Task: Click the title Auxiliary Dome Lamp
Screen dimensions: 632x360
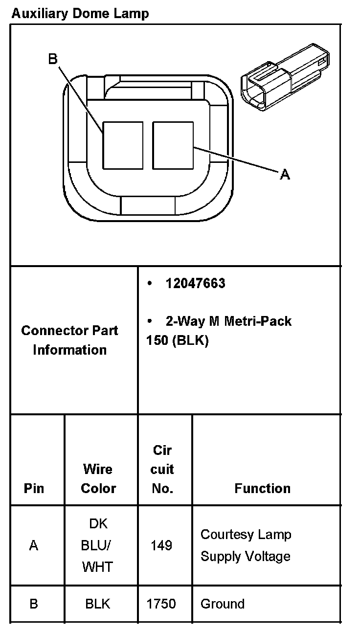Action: tap(80, 13)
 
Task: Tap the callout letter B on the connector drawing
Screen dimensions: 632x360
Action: tap(53, 59)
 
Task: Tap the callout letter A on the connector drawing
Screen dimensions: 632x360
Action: tap(285, 174)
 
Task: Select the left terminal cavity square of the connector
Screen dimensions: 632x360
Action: tap(122, 145)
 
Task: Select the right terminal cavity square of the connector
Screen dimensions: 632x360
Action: tap(173, 145)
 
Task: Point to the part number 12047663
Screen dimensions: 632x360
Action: tap(195, 284)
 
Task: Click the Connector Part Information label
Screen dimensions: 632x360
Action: tap(69, 340)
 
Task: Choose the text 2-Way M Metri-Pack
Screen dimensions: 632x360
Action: tap(228, 321)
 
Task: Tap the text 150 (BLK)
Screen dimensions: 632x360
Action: tap(177, 340)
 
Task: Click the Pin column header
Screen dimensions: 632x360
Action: tap(34, 488)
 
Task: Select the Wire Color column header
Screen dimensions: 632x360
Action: tap(98, 478)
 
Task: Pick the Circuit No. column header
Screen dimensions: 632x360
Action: tap(162, 469)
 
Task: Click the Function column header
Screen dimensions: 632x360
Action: tap(262, 488)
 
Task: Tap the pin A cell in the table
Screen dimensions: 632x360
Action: tap(34, 545)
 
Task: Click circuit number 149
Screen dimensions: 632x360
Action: tap(161, 545)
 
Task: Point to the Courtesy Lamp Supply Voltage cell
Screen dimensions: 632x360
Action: tap(246, 545)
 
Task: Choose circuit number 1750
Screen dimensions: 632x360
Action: tap(161, 604)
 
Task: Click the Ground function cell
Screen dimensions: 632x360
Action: tap(223, 604)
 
